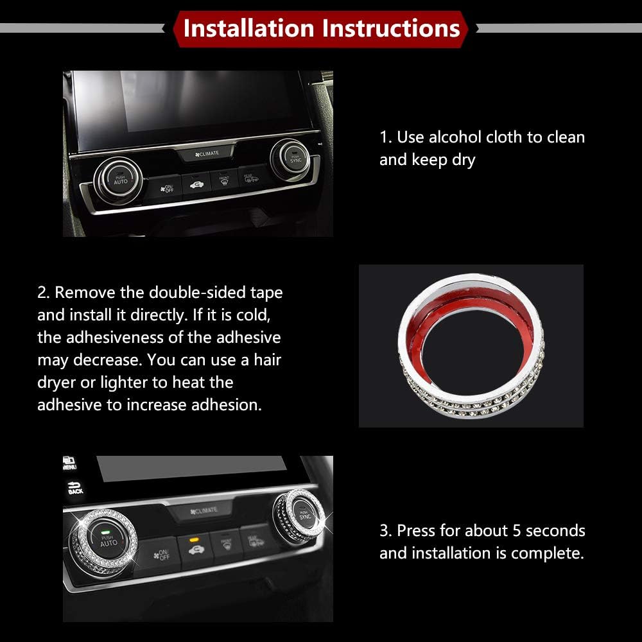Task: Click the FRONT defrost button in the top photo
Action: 223,180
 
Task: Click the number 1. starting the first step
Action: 385,137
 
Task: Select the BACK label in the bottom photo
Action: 75,489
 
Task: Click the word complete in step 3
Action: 551,553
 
